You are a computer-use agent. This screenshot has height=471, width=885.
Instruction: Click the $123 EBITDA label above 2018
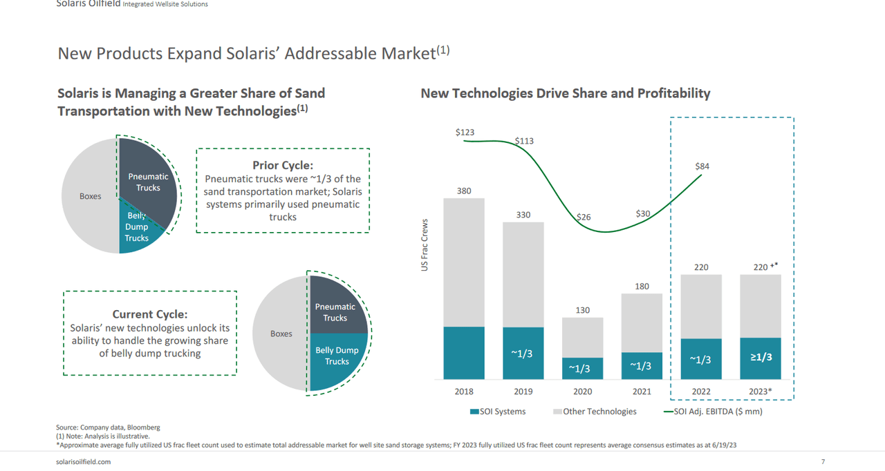(x=465, y=132)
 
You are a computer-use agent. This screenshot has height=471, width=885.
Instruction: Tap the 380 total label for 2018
(x=464, y=191)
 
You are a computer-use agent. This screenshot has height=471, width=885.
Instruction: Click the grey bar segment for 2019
(x=523, y=274)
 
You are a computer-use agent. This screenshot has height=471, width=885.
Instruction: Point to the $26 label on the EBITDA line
(x=584, y=217)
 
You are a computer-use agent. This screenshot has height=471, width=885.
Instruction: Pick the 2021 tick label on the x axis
(x=642, y=392)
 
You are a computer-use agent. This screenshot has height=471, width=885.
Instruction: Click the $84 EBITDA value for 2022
(x=702, y=166)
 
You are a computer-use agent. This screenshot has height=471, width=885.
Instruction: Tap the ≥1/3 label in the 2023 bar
(x=761, y=357)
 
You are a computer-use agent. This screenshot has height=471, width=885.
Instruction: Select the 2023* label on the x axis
(x=761, y=392)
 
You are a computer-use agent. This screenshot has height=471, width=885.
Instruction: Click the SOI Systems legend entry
(x=498, y=412)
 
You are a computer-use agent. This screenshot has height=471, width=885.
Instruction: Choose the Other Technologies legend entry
(x=595, y=412)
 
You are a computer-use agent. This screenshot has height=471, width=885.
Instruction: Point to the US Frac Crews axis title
(x=425, y=245)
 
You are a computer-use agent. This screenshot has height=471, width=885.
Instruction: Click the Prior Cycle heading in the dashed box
(x=283, y=165)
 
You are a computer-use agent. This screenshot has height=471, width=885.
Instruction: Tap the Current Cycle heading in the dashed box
(x=150, y=314)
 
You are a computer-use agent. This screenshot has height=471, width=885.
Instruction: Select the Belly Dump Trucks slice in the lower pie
(x=337, y=356)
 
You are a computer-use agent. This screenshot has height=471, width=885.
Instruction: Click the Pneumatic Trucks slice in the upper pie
(x=147, y=182)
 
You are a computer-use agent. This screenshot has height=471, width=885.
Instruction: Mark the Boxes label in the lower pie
(x=281, y=334)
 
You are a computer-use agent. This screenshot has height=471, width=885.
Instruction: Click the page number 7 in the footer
(x=823, y=461)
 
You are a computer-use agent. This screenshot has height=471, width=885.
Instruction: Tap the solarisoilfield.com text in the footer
(x=83, y=461)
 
